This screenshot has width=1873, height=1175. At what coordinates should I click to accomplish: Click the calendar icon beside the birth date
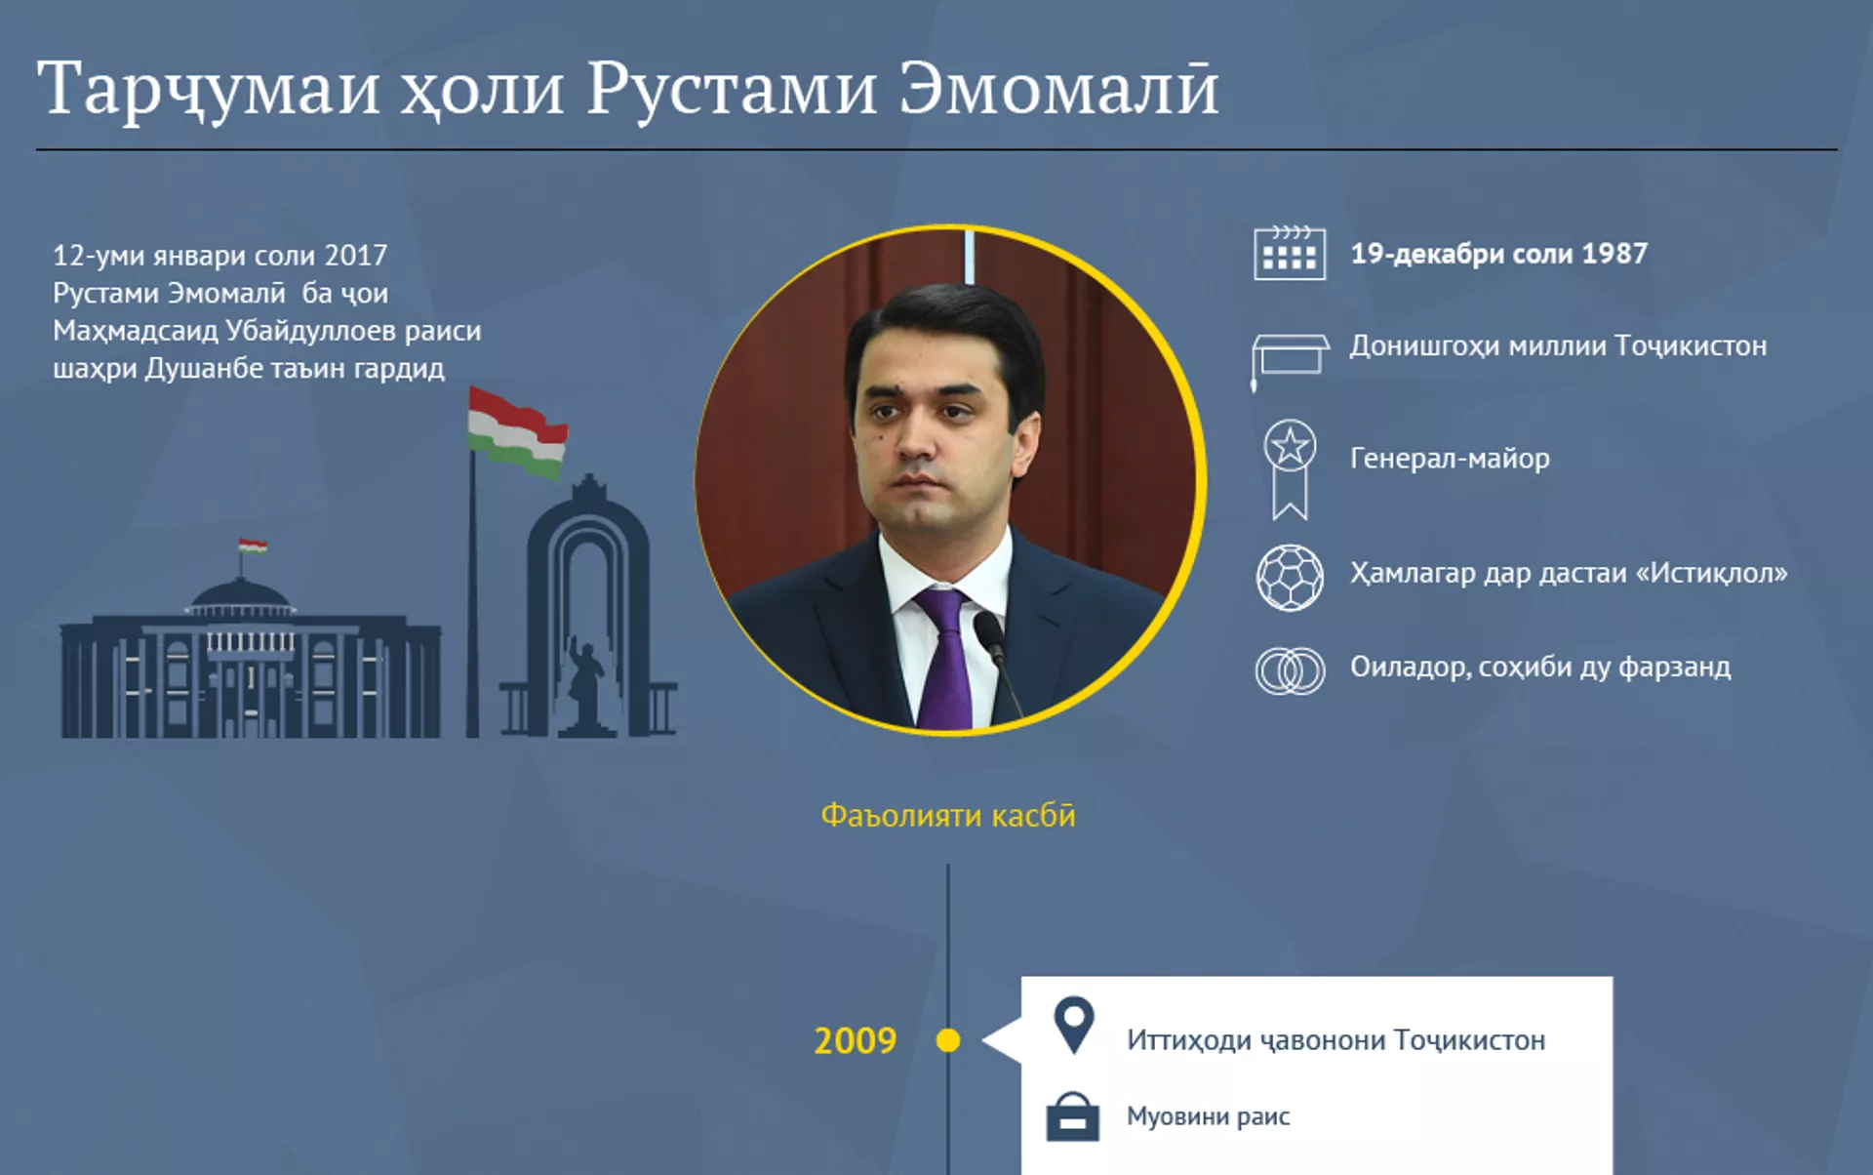[x=1289, y=254]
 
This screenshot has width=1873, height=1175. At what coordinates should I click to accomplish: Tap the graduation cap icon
[x=1290, y=357]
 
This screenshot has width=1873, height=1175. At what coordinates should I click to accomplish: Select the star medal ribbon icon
[x=1290, y=469]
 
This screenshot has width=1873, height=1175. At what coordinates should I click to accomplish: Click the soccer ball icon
[x=1290, y=578]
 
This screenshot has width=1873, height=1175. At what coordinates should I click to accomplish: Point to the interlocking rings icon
[x=1290, y=671]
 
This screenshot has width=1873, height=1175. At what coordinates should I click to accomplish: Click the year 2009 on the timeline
[x=855, y=1041]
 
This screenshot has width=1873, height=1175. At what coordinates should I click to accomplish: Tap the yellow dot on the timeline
[x=947, y=1040]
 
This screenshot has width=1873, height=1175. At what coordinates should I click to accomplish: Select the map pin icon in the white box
[x=1074, y=1025]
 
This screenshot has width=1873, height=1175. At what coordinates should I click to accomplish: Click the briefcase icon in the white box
[x=1073, y=1116]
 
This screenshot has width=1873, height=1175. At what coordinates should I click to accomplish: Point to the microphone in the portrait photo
[x=997, y=664]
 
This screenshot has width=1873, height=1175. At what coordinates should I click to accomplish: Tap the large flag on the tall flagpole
[x=517, y=432]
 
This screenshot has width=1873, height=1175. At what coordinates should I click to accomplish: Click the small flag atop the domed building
[x=253, y=546]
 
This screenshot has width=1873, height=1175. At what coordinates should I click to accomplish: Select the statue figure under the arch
[x=586, y=683]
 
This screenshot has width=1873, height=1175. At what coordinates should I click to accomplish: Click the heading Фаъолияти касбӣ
[x=948, y=815]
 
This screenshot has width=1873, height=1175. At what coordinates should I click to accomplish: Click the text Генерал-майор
[x=1450, y=458]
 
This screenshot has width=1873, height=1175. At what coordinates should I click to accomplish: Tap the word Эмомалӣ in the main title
[x=1058, y=89]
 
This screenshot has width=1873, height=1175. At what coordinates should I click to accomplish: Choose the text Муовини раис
[x=1208, y=1116]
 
